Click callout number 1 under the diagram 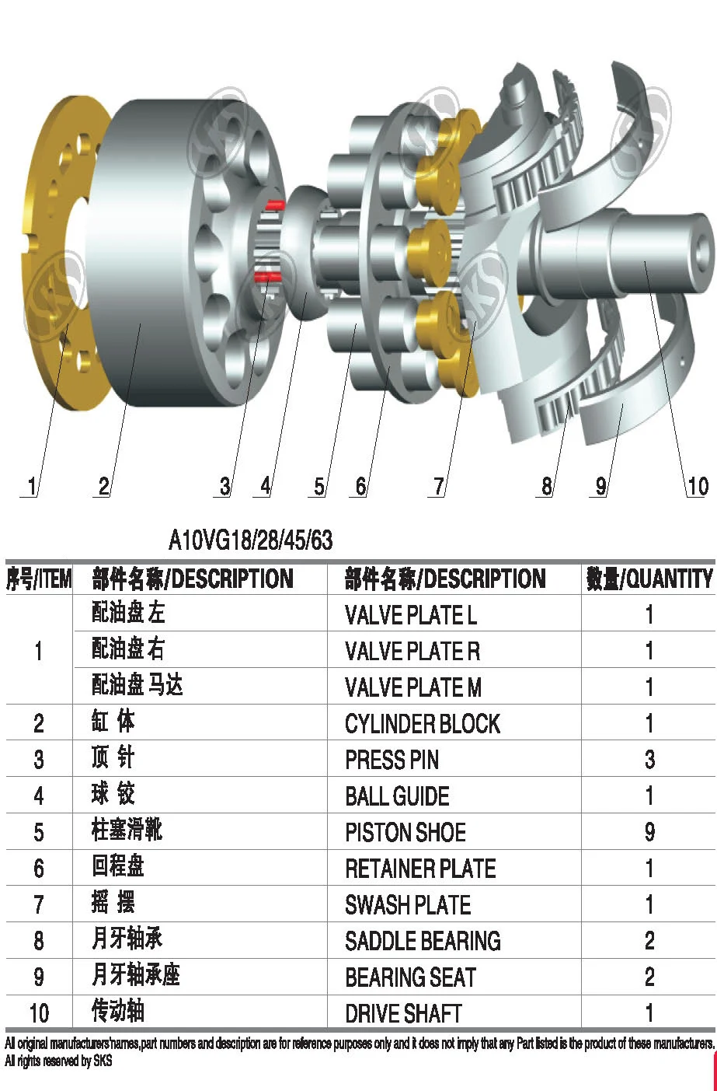(31, 487)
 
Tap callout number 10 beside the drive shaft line (698, 487)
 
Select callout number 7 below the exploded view (439, 487)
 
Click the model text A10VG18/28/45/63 (250, 540)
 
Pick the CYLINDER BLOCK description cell (422, 724)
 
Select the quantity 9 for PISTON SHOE (649, 832)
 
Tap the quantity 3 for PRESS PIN (649, 760)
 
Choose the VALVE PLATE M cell (412, 687)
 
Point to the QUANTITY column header (649, 579)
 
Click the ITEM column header (38, 579)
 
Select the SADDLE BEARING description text (423, 941)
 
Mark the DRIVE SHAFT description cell (403, 1013)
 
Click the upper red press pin (273, 205)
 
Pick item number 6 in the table (38, 869)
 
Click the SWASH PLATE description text (408, 905)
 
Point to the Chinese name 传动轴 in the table (118, 1012)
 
